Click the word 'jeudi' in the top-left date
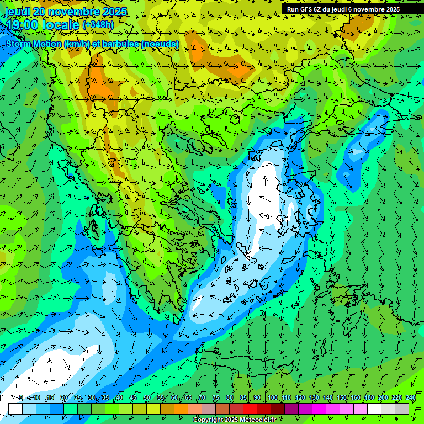click(x=18, y=12)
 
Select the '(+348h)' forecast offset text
click(x=98, y=24)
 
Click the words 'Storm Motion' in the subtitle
click(x=33, y=44)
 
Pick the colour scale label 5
click(x=21, y=398)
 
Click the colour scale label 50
click(x=147, y=398)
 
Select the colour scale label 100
click(x=272, y=398)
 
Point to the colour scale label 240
click(x=410, y=398)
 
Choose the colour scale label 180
click(x=369, y=398)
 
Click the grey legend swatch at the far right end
click(x=402, y=409)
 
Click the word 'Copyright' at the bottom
click(x=208, y=420)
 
